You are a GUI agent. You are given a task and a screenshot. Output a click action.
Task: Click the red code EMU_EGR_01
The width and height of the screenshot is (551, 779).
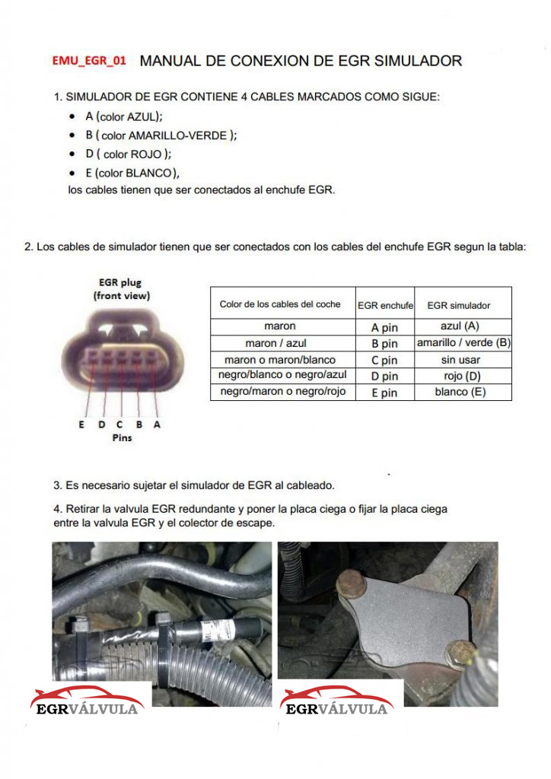(x=89, y=61)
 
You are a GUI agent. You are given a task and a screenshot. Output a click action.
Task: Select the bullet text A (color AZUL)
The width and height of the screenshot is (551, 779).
(x=124, y=116)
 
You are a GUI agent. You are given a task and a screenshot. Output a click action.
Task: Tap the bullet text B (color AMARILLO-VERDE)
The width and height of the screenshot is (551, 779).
(x=161, y=135)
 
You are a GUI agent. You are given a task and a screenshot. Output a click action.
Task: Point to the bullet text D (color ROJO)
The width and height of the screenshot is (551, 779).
(x=128, y=154)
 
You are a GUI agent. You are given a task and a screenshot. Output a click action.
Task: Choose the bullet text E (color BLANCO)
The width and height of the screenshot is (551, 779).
(x=132, y=173)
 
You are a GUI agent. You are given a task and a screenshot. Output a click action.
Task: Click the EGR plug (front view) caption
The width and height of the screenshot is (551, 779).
(x=121, y=288)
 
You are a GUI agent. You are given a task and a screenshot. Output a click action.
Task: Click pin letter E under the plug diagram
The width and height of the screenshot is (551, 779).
(x=81, y=424)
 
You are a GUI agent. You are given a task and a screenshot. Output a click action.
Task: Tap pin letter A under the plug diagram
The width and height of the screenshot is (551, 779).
(x=157, y=424)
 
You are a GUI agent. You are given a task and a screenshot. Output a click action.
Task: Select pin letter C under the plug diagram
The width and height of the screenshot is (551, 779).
(x=119, y=424)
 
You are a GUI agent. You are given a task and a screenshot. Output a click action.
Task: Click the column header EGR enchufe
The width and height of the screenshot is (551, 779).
(x=385, y=306)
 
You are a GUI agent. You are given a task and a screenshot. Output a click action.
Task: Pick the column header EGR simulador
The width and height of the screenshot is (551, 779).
(x=459, y=306)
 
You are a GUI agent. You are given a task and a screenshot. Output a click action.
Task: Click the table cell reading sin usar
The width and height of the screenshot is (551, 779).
(x=460, y=360)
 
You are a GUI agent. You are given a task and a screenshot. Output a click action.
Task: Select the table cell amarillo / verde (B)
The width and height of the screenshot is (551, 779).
(x=463, y=343)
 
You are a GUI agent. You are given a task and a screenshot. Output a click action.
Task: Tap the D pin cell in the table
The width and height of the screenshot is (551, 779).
(x=384, y=376)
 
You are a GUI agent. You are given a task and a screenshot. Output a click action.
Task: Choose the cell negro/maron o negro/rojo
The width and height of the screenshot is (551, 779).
(x=282, y=391)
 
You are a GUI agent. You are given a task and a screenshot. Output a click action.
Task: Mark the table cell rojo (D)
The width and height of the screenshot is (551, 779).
(x=462, y=376)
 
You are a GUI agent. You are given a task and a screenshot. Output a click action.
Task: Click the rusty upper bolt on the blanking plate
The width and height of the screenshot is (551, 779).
(x=352, y=584)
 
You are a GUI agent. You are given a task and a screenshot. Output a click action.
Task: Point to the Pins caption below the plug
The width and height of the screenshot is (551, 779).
(x=123, y=437)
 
